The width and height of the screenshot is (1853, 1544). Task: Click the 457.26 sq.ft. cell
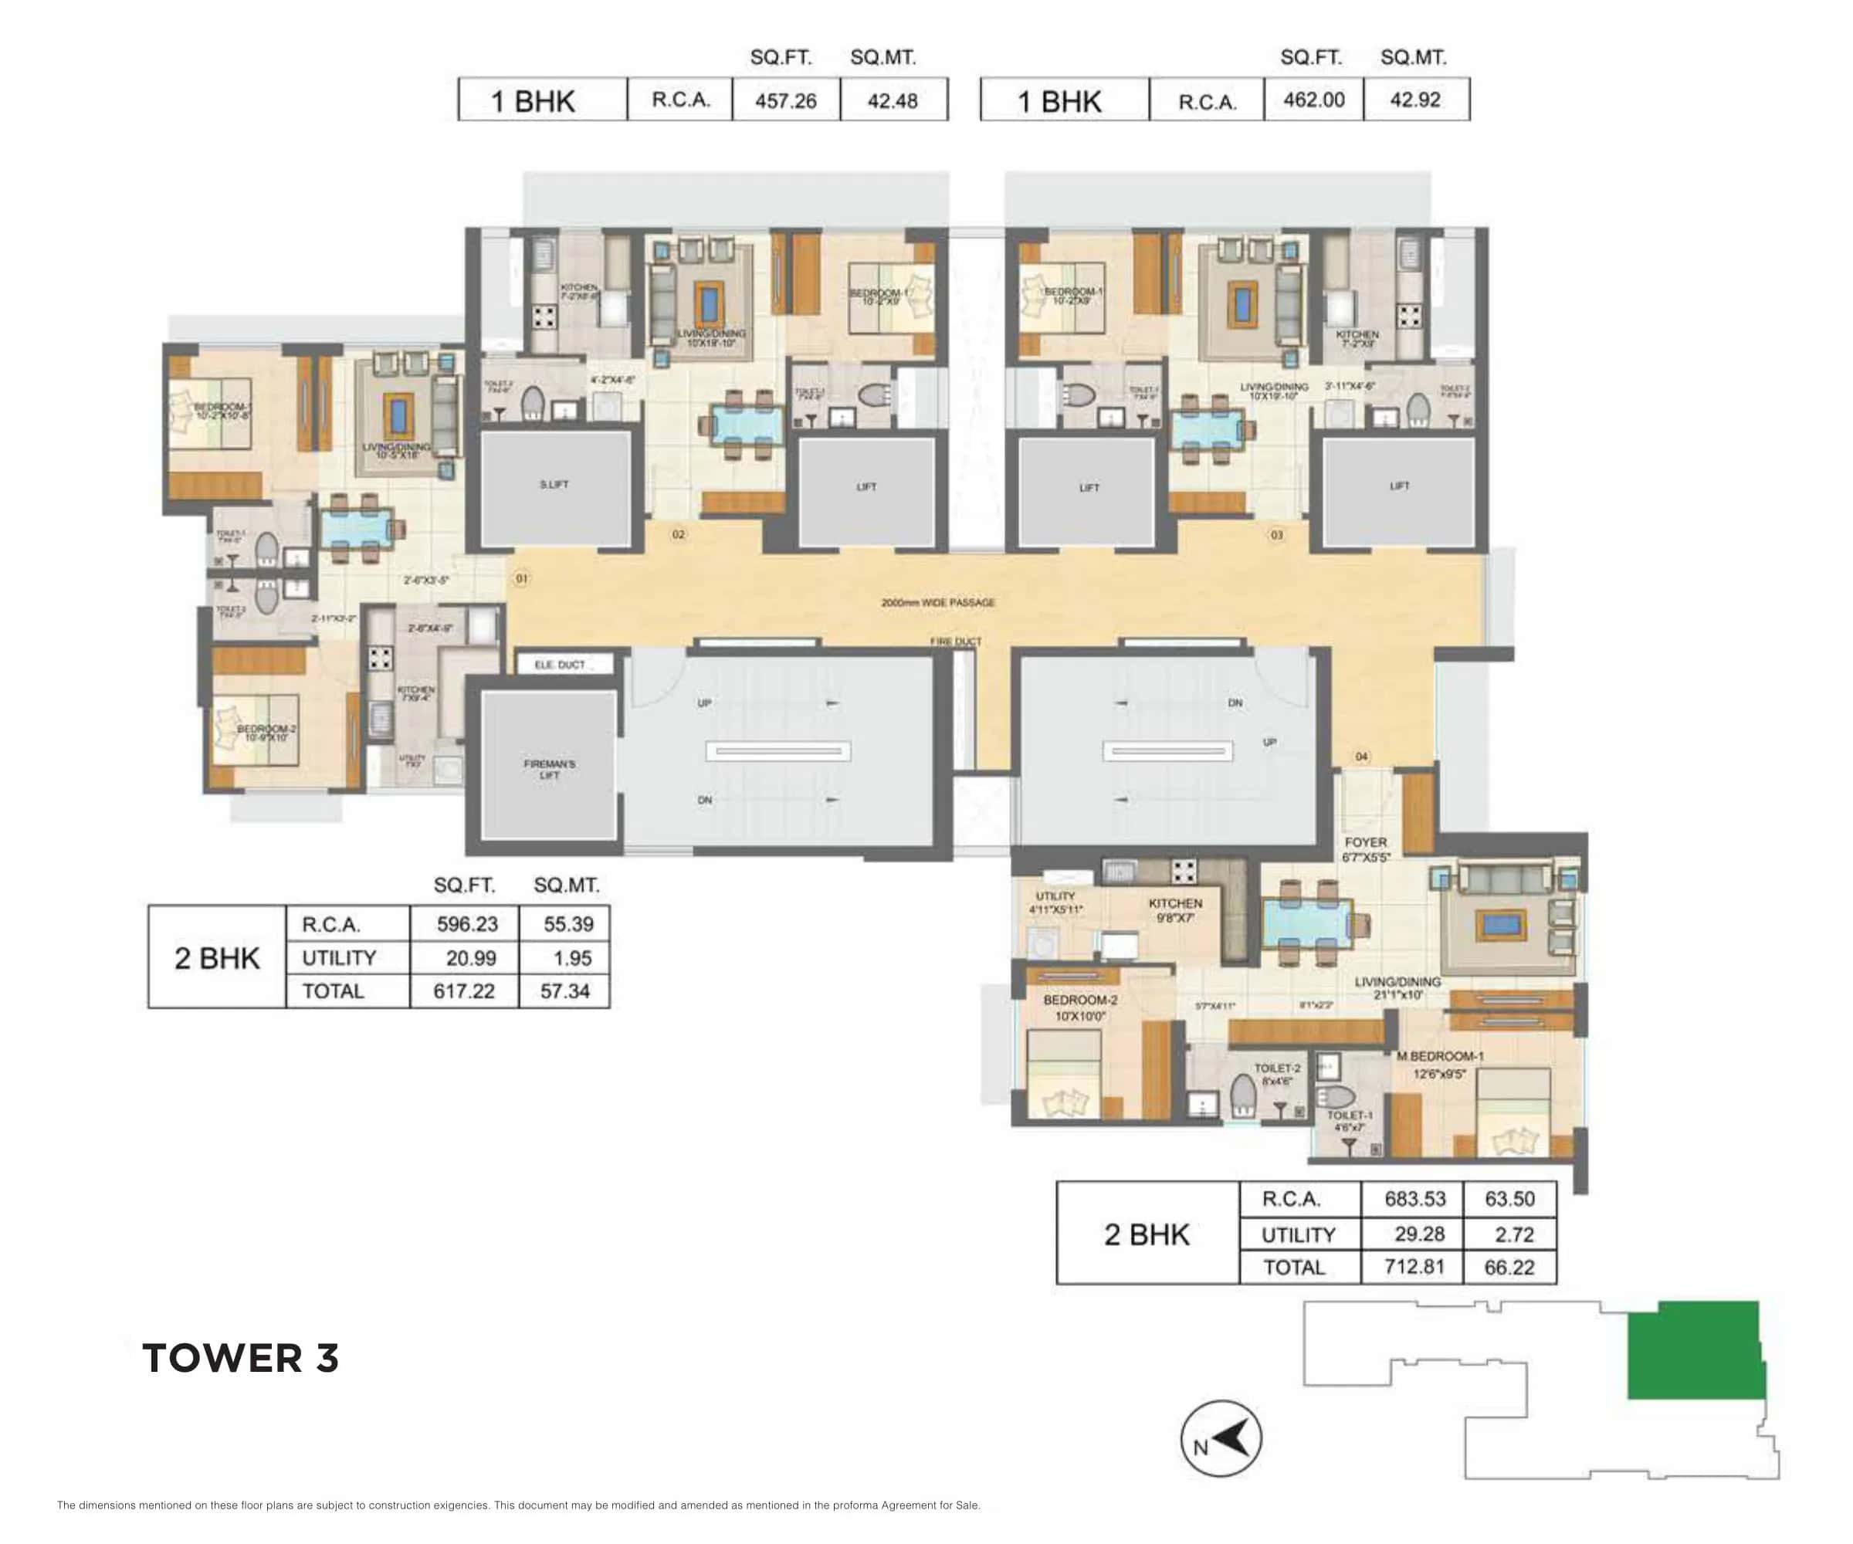785,100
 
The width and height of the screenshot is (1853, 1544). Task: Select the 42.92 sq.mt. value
1414,100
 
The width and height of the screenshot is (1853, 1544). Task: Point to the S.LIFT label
554,484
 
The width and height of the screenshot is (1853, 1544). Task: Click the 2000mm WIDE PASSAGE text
938,603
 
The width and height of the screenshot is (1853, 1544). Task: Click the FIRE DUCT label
956,642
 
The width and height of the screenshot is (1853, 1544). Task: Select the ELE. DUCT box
561,665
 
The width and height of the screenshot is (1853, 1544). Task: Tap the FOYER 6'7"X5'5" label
1366,848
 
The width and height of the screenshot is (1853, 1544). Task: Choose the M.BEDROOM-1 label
1439,1056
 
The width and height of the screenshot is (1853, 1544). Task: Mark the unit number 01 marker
521,579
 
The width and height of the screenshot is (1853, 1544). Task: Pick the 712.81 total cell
1414,1267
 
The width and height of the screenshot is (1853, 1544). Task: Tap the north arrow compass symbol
1221,1439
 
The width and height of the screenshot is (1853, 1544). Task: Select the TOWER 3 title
240,1358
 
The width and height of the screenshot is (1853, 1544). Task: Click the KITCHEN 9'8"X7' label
1175,909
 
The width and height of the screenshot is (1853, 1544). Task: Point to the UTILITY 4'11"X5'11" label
1055,902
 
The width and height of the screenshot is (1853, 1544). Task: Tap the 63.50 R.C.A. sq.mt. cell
1509,1199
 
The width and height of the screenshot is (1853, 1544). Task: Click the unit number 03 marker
1276,535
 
